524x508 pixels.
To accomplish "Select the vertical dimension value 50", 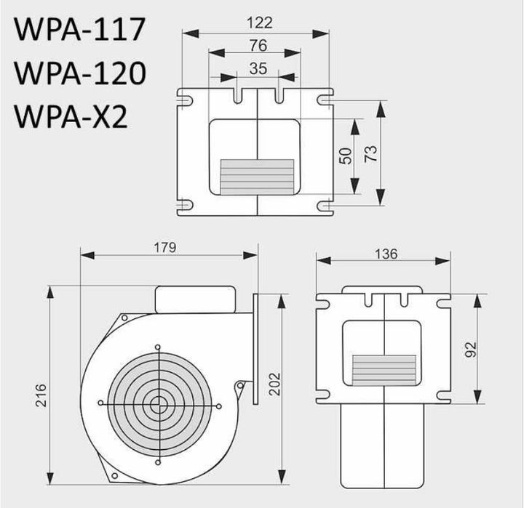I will (346, 155).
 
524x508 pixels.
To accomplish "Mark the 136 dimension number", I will (386, 254).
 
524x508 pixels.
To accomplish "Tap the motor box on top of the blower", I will (194, 299).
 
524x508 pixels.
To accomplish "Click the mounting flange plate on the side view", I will (256, 350).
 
